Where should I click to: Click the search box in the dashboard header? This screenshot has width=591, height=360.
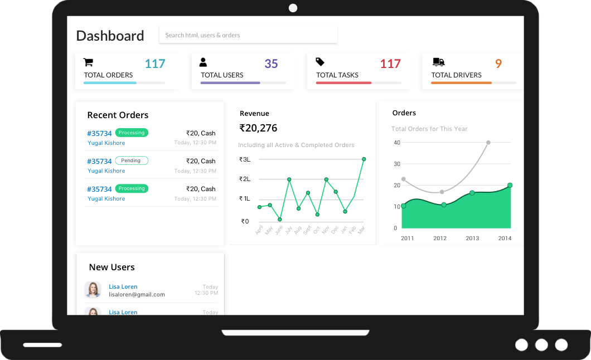point(248,35)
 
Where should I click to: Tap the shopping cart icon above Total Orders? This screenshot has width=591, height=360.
point(88,62)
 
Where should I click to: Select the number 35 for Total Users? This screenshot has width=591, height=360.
point(271,64)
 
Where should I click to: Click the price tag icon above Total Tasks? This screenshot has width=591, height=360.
point(320,62)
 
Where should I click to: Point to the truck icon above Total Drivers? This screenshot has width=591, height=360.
point(438,62)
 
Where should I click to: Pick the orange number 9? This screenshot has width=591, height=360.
point(498,64)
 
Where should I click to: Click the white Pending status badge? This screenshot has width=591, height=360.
point(132,160)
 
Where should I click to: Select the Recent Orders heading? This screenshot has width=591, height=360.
point(118,115)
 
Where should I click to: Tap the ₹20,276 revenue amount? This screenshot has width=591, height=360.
point(258,128)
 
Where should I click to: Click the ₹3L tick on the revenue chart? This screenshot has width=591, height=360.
point(245,159)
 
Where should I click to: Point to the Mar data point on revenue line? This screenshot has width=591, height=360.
point(364,159)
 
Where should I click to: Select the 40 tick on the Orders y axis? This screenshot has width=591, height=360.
point(397,143)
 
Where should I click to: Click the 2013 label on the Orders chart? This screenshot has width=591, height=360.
point(472,238)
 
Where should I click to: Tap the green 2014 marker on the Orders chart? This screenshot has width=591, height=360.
point(510,185)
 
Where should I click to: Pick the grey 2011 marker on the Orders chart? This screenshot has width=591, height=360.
point(404,179)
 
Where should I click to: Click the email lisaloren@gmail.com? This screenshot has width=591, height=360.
point(137,294)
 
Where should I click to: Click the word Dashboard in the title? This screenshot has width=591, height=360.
point(110,36)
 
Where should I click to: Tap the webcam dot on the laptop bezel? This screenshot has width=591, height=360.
point(293,8)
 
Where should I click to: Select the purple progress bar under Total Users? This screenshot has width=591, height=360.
point(230,83)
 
